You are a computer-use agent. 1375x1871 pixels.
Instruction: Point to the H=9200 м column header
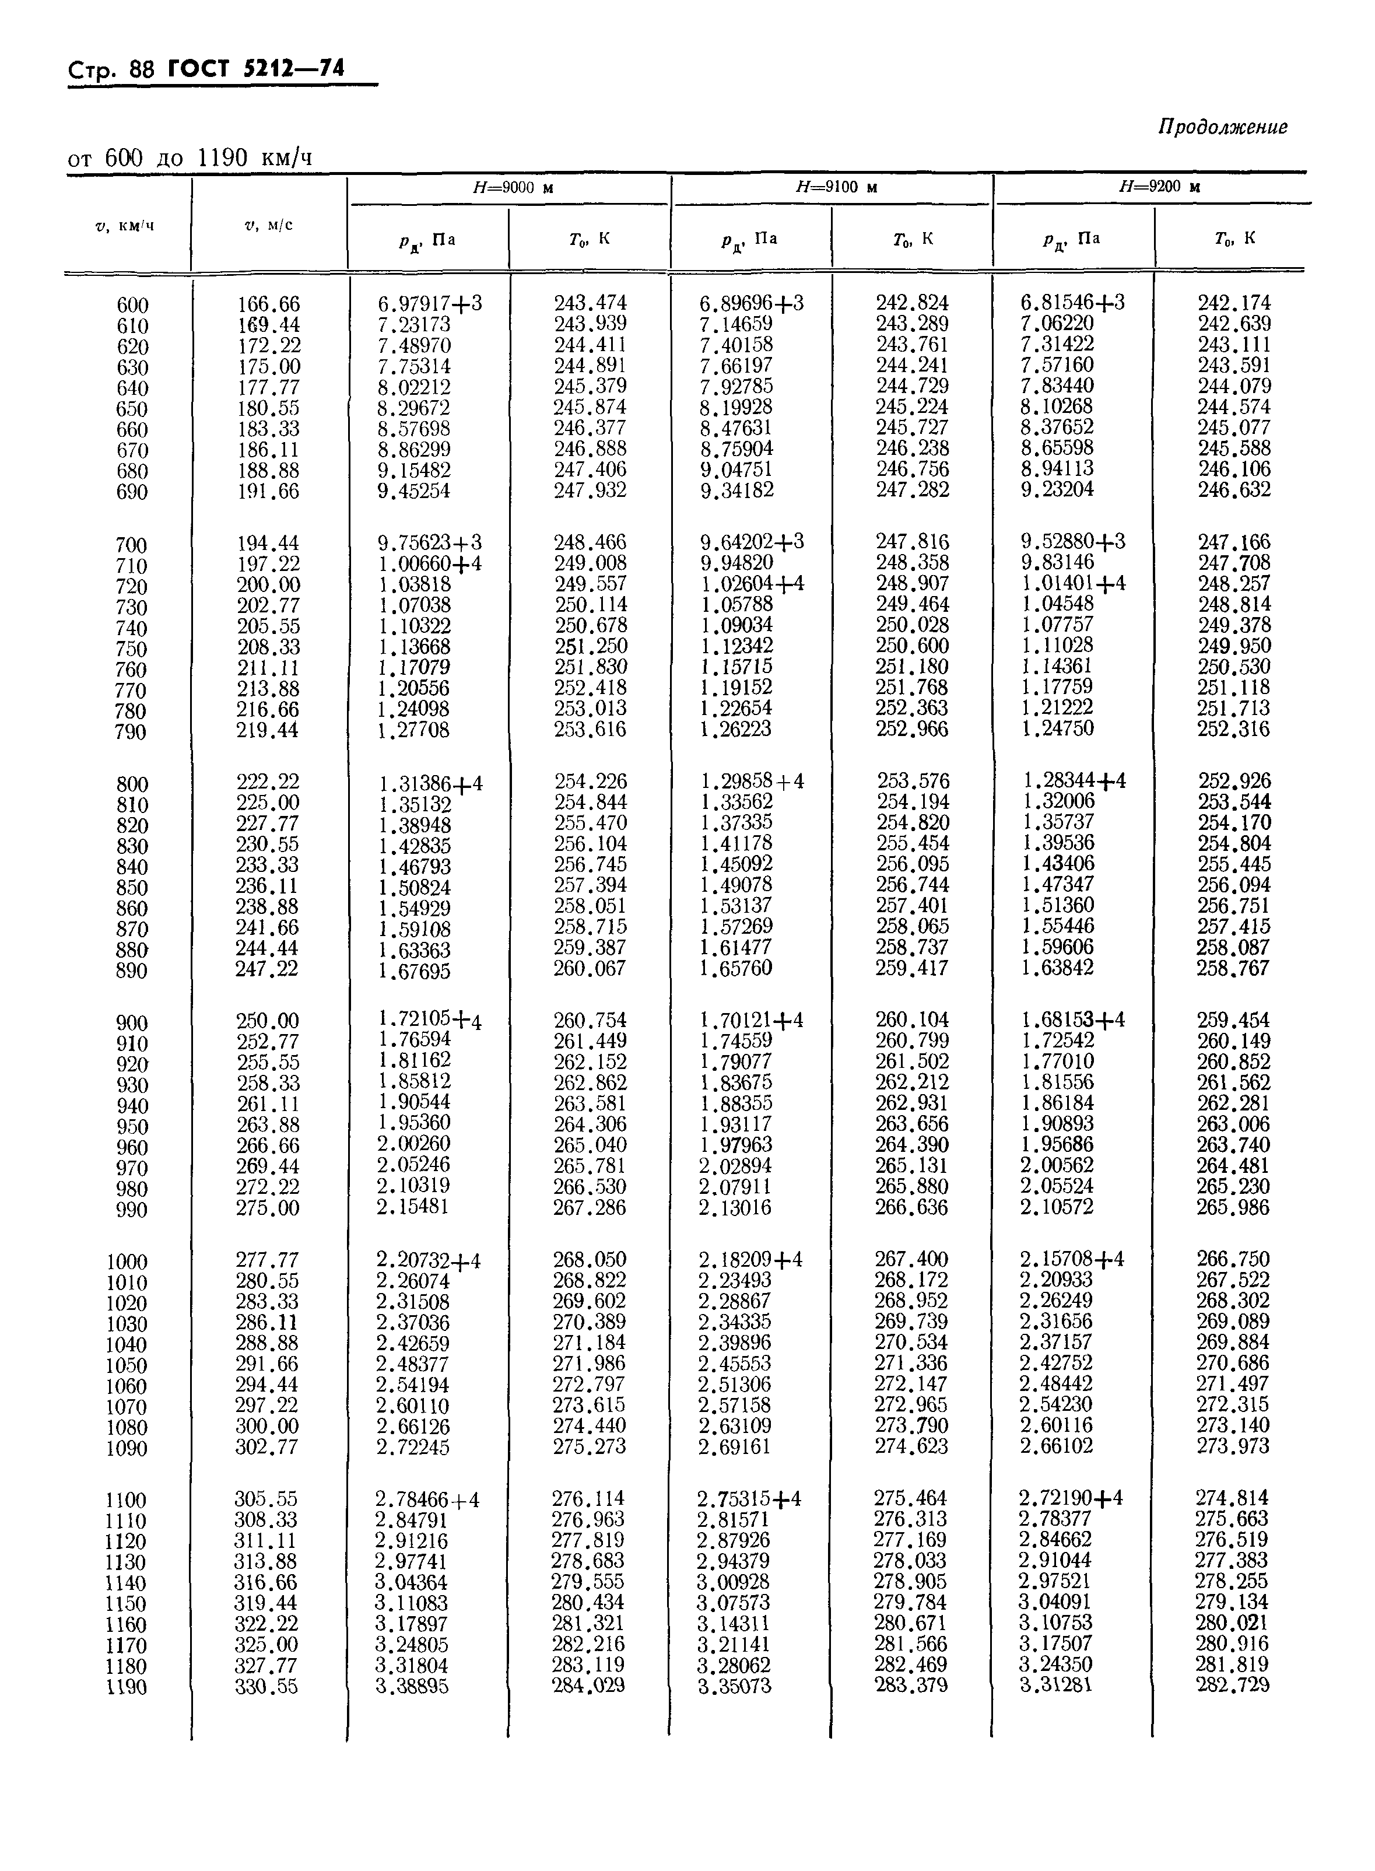pos(1159,187)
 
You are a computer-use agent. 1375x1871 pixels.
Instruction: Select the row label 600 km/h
pos(132,306)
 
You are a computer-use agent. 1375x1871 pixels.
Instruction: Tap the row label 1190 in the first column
pos(127,1688)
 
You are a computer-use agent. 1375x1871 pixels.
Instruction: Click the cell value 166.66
pos(268,304)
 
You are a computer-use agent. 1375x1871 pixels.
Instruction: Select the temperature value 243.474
pos(590,303)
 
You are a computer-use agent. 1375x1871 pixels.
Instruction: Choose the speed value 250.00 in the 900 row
pos(267,1021)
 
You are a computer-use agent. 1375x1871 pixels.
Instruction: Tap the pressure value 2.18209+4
pos(750,1260)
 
